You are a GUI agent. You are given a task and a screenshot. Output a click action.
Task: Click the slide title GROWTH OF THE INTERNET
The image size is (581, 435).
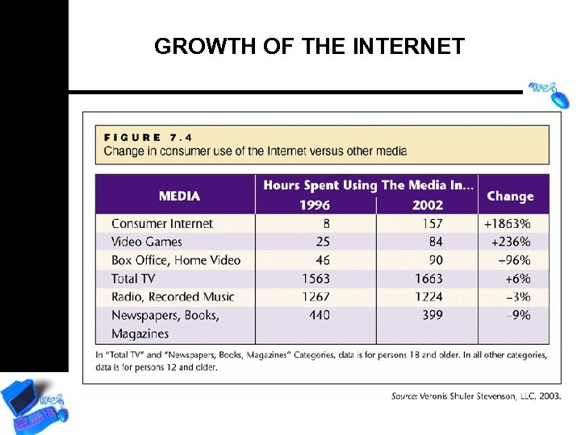tap(309, 47)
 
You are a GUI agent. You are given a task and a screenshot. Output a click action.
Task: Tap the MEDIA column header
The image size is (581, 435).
tap(179, 196)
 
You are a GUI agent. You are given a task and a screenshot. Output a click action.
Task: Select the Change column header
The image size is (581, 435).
tap(510, 196)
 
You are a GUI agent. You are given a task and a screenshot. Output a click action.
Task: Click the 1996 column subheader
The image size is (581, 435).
tap(315, 205)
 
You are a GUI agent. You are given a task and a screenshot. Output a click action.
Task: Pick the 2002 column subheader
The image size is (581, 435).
tap(427, 205)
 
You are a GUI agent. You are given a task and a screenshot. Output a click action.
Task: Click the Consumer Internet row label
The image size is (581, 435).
tap(162, 223)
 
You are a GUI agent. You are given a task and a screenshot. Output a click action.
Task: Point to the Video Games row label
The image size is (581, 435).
tap(147, 242)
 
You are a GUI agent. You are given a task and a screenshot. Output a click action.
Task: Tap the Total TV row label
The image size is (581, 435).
tap(133, 279)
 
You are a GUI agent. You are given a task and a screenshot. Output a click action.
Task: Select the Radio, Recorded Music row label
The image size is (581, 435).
tap(173, 296)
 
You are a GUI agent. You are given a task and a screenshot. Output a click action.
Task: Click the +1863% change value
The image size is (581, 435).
tap(507, 223)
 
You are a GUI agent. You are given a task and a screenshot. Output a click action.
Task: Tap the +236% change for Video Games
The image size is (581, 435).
tap(510, 242)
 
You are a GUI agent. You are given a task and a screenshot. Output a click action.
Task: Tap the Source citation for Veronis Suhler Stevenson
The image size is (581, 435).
tap(476, 396)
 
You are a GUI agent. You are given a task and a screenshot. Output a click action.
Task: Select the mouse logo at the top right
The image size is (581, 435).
tap(549, 92)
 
